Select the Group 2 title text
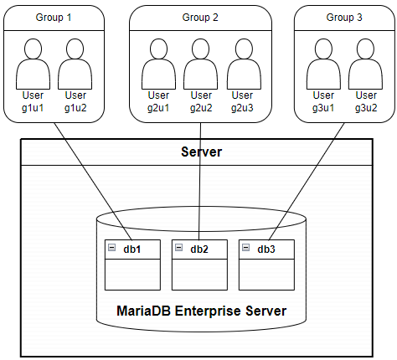(x=200, y=18)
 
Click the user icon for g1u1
(x=34, y=64)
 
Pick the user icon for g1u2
(x=75, y=64)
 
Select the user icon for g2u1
(x=158, y=64)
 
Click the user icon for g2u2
(x=200, y=64)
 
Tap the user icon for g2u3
(x=242, y=64)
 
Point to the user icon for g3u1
(x=323, y=64)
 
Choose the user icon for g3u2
(x=364, y=64)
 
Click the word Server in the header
(x=201, y=152)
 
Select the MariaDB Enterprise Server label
(x=200, y=311)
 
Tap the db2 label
(x=200, y=249)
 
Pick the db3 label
(x=266, y=249)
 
